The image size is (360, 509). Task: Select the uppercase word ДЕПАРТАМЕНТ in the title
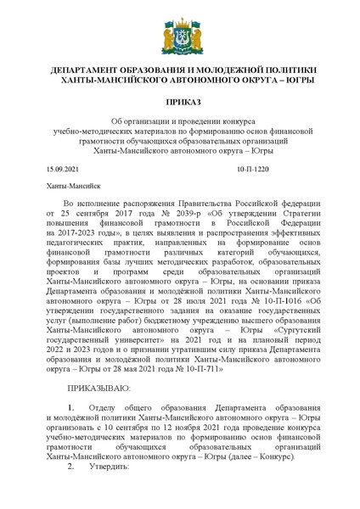(x=91, y=69)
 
